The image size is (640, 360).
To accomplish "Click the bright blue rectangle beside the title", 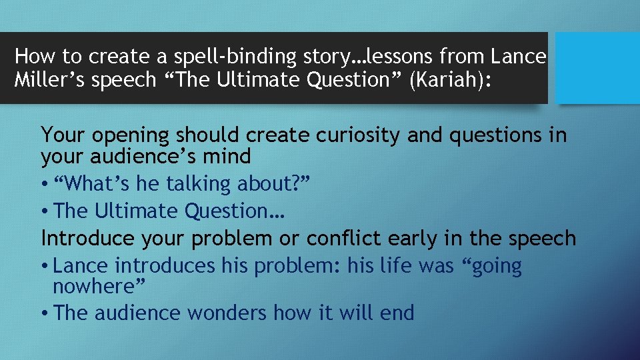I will point(597,68).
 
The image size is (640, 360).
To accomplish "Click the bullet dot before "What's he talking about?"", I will point(45,184).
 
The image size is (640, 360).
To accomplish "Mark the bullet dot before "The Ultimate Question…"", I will point(45,211).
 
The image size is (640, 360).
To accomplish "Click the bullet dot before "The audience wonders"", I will point(45,313).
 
